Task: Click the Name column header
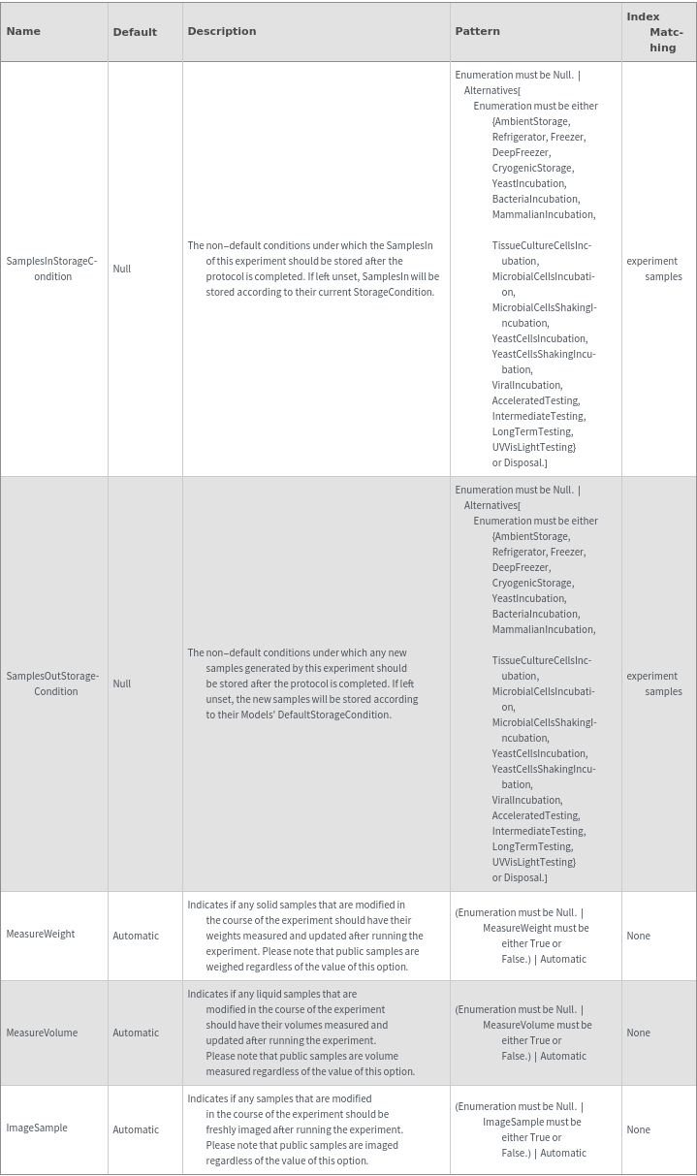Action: point(23,31)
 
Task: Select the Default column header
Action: point(135,32)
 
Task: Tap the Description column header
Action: point(222,31)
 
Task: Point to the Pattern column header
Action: point(477,31)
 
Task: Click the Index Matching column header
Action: point(657,32)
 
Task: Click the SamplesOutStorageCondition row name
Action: point(52,683)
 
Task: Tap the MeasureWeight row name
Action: point(41,934)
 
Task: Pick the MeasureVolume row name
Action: point(42,1033)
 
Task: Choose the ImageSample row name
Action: point(37,1128)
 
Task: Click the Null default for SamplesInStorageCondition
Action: point(121,269)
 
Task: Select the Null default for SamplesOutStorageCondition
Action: point(121,683)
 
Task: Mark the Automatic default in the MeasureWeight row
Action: point(136,936)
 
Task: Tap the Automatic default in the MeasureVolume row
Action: point(136,1033)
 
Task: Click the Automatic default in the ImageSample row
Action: point(136,1129)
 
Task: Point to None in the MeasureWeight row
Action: point(638,936)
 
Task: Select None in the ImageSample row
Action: point(638,1129)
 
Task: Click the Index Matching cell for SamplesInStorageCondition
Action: point(654,269)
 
